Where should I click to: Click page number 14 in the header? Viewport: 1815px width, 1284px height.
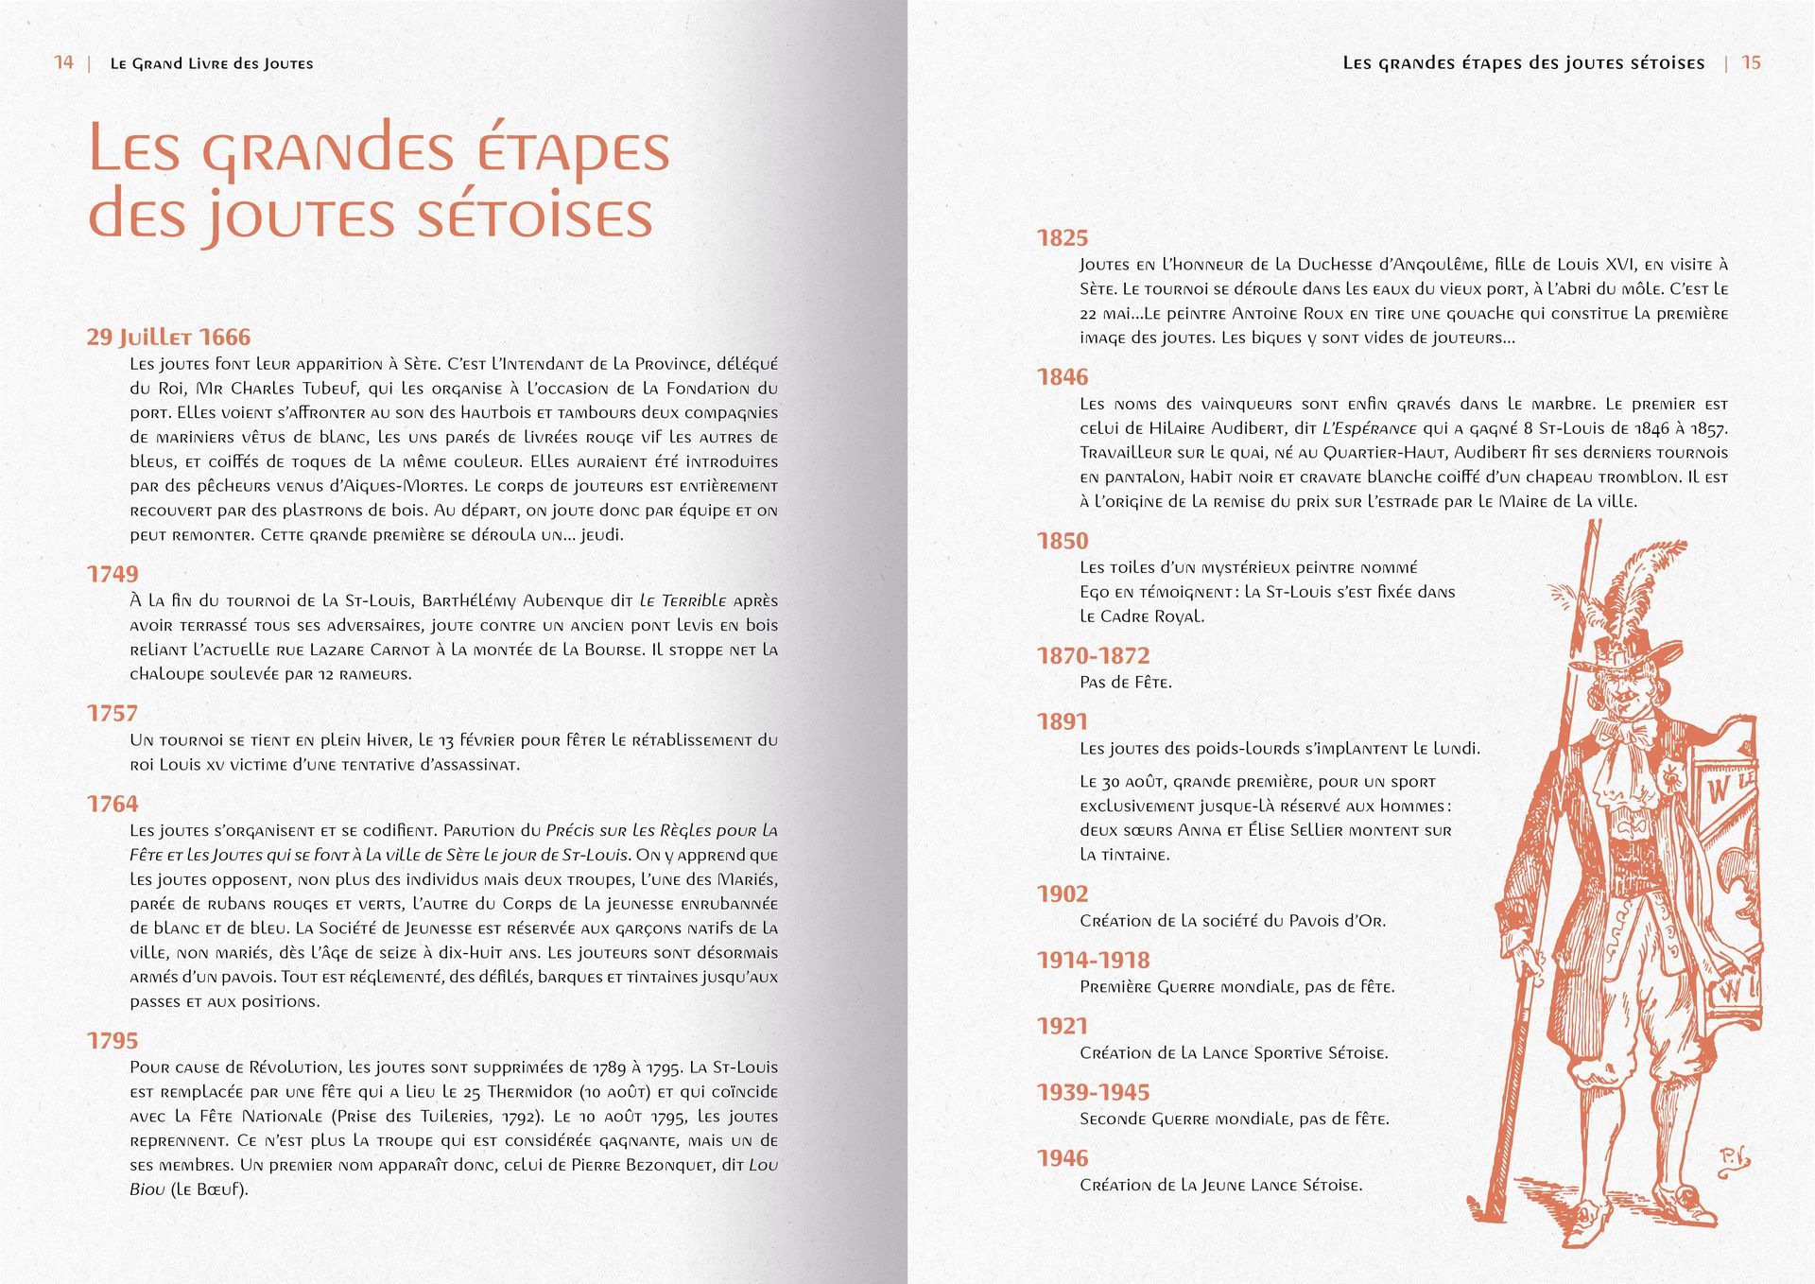point(64,62)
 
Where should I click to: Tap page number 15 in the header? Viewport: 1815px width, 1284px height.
point(1751,62)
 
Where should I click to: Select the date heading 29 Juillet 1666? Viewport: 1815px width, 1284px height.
point(168,338)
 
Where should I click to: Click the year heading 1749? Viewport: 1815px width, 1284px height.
point(112,574)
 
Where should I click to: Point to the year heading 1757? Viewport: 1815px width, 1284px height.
point(112,714)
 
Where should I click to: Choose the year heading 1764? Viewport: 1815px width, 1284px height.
point(112,805)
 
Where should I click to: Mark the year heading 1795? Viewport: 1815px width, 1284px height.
point(112,1041)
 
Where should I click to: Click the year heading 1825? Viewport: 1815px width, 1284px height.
point(1063,238)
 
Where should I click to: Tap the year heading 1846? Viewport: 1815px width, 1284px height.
point(1063,377)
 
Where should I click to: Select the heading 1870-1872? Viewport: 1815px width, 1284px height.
point(1093,656)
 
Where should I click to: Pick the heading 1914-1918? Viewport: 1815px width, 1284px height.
point(1093,961)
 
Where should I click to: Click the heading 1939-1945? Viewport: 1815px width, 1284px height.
point(1093,1093)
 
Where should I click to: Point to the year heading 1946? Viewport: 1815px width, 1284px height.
point(1063,1159)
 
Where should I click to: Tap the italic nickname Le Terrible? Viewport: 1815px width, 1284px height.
point(683,601)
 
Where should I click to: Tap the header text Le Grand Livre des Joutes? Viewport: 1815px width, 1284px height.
point(212,63)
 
